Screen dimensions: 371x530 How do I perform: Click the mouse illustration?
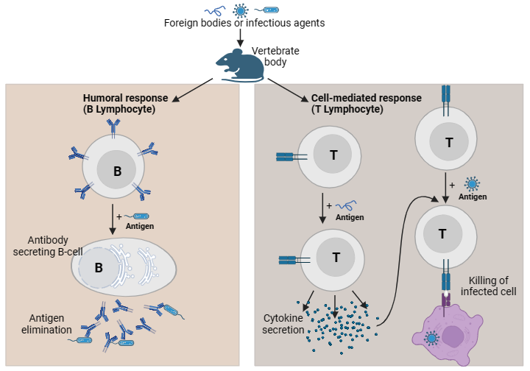click(240, 65)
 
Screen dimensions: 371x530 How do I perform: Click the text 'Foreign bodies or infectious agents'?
click(244, 23)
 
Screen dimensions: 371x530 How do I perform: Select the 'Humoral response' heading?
click(125, 103)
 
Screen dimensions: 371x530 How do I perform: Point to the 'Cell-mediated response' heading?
click(366, 103)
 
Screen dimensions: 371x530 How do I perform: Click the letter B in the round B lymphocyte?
click(117, 172)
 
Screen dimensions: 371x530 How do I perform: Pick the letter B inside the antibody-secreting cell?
click(98, 268)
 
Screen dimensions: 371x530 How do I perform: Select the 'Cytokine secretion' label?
click(283, 323)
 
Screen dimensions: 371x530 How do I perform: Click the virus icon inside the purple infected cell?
click(431, 338)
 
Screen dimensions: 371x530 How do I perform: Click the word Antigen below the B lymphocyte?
click(140, 226)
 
